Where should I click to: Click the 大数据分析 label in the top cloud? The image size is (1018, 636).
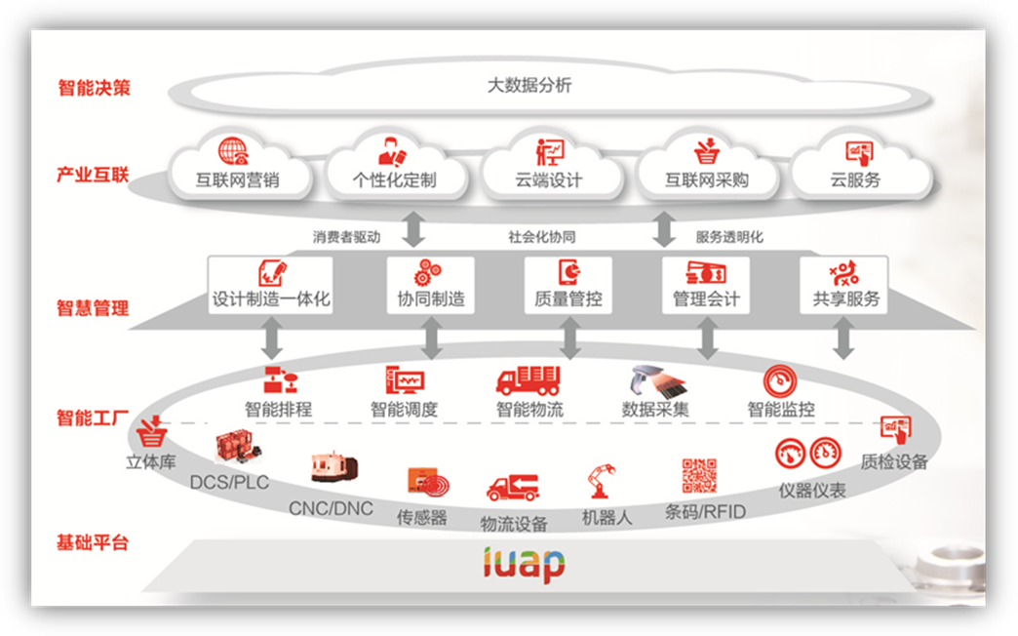529,85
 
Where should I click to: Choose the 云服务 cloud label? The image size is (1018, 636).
855,179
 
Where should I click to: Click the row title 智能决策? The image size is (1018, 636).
94,88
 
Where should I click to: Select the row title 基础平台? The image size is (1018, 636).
94,542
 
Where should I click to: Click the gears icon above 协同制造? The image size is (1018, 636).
429,271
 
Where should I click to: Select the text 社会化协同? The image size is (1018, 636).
542,237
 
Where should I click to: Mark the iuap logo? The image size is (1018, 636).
524,563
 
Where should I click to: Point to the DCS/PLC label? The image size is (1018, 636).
229,482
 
